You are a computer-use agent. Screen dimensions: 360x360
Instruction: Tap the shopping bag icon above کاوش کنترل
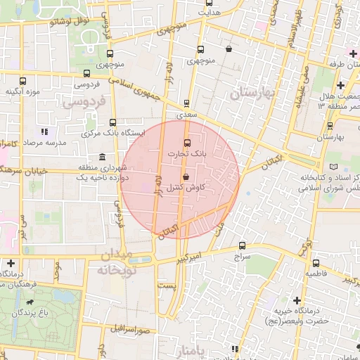(x=186, y=177)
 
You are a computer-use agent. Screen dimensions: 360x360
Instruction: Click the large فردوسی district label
(x=83, y=103)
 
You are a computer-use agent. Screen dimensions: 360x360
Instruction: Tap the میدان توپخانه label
(x=115, y=262)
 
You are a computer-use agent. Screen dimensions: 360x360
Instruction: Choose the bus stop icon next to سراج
(x=243, y=246)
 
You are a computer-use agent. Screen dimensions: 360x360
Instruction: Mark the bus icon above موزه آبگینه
(x=23, y=81)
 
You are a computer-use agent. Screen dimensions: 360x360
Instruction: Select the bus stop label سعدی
(x=186, y=113)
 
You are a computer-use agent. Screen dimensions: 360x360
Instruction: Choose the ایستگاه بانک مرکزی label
(x=114, y=132)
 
